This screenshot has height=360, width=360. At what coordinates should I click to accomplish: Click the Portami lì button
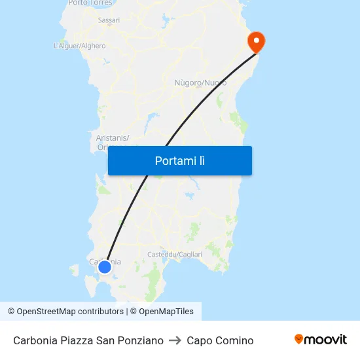[x=179, y=160]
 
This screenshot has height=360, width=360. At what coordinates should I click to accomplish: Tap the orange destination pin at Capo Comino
[x=255, y=42]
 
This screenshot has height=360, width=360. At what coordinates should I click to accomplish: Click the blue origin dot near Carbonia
[x=104, y=266]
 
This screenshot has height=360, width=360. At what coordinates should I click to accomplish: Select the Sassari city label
[x=109, y=20]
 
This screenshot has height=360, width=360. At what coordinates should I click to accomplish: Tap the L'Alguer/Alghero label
[x=79, y=46]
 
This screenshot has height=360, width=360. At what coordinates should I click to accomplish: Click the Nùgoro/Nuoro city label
[x=200, y=83]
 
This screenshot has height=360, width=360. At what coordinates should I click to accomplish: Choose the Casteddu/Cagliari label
[x=175, y=254]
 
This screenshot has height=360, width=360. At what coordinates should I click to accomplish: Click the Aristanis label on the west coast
[x=113, y=137]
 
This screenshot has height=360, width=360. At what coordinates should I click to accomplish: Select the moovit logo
[x=320, y=340]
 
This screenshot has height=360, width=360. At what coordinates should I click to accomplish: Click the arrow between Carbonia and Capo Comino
[x=175, y=340]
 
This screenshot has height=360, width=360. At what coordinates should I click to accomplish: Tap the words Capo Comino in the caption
[x=220, y=340]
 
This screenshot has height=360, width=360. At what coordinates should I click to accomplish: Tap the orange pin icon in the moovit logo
[x=299, y=339]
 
